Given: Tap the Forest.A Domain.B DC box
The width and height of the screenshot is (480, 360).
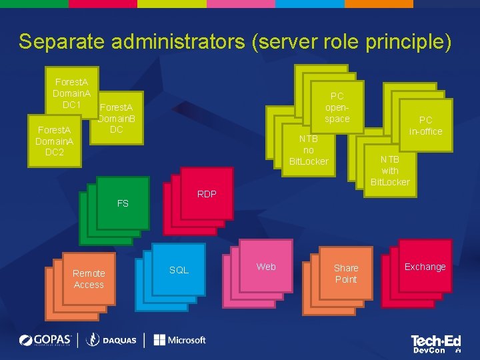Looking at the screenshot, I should pos(116,118).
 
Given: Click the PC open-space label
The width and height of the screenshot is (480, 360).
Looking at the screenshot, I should pos(337,107).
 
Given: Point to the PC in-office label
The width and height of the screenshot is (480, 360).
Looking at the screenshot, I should pos(425,125).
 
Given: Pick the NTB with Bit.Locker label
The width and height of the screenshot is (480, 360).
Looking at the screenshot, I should pos(390,171).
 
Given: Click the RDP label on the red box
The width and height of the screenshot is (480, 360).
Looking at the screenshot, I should pos(207,194).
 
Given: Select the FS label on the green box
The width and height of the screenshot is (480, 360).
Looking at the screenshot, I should pos(123,203).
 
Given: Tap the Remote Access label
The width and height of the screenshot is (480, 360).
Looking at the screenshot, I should pos(89,279).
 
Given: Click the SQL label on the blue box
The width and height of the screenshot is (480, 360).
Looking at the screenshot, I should pos(179,270).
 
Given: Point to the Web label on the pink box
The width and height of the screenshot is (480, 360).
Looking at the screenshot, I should pos(266,267).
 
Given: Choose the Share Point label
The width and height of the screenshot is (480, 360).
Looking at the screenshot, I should pos(346,273).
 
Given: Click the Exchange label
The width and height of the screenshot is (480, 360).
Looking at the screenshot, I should pos(425,267).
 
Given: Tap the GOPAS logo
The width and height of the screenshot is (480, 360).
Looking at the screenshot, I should pos(46,340).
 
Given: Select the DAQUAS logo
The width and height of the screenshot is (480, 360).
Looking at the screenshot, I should pos(111,340).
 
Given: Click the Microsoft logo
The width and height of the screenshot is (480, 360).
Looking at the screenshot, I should pos(180,340).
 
